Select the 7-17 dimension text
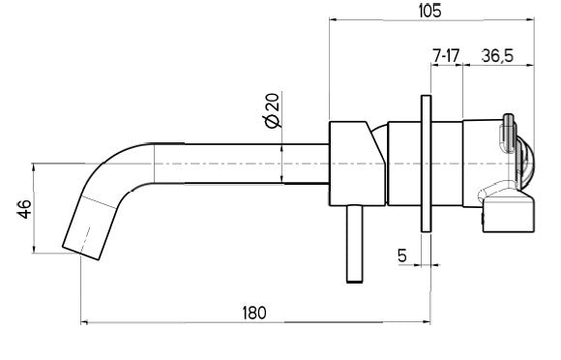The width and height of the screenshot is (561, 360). (446, 57)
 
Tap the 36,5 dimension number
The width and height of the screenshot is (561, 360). (500, 57)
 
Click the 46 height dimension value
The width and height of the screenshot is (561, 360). (24, 210)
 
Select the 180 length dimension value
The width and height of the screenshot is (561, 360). (253, 314)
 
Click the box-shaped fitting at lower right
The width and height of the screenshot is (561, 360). (507, 211)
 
